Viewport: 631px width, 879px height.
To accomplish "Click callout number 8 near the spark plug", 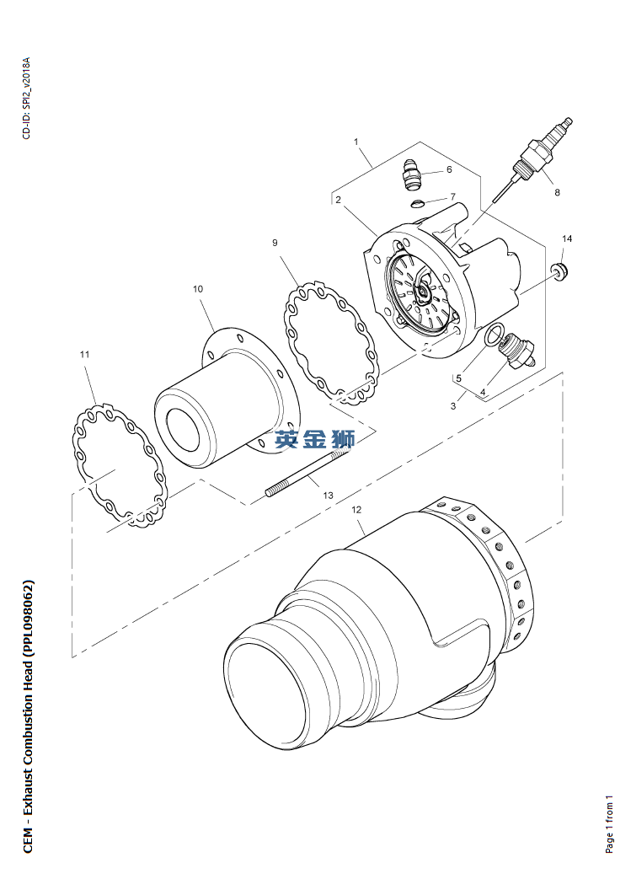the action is pos(557,192).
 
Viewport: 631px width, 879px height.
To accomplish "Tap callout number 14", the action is pos(567,239).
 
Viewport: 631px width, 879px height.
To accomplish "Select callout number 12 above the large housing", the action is pos(356,510).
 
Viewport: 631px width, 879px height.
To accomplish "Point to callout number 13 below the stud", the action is pos(328,495).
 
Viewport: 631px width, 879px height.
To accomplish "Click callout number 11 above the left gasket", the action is pos(84,354).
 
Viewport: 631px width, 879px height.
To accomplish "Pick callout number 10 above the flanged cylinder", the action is pos(198,289).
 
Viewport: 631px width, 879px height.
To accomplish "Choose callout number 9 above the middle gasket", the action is pos(275,243).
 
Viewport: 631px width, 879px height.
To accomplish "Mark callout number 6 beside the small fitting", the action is pos(449,169).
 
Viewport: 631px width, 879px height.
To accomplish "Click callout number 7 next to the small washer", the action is pos(452,196).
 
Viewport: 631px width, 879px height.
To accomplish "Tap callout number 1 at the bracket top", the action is pos(356,142).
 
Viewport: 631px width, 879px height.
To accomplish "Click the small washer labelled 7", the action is pos(417,202).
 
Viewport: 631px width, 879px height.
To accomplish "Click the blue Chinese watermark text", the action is pos(314,440).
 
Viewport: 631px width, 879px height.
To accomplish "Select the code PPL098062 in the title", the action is pos(28,618).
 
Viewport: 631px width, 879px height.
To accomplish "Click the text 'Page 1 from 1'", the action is pos(609,824).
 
